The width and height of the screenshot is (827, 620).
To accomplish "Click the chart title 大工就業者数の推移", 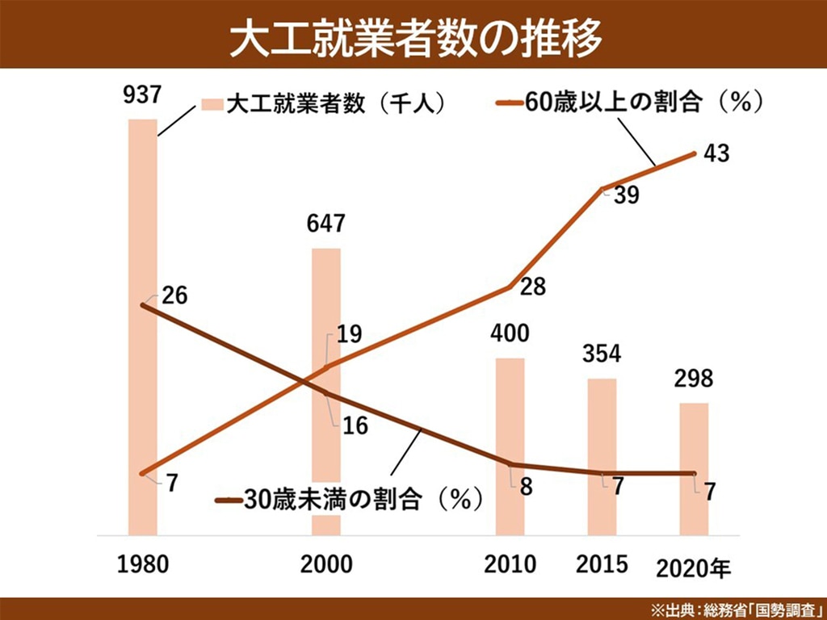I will coord(413,36).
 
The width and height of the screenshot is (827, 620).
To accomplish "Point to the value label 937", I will coord(143,96).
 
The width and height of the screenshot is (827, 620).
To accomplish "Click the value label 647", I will coord(325,224).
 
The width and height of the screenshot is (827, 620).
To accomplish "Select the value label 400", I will coord(510,333).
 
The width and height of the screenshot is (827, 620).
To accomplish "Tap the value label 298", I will coord(694,379).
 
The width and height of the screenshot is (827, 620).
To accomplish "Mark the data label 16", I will coord(355,425).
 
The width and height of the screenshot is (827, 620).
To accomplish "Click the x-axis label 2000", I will coord(326,564).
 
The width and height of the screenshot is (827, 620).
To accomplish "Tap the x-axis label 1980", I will coord(143,564).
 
